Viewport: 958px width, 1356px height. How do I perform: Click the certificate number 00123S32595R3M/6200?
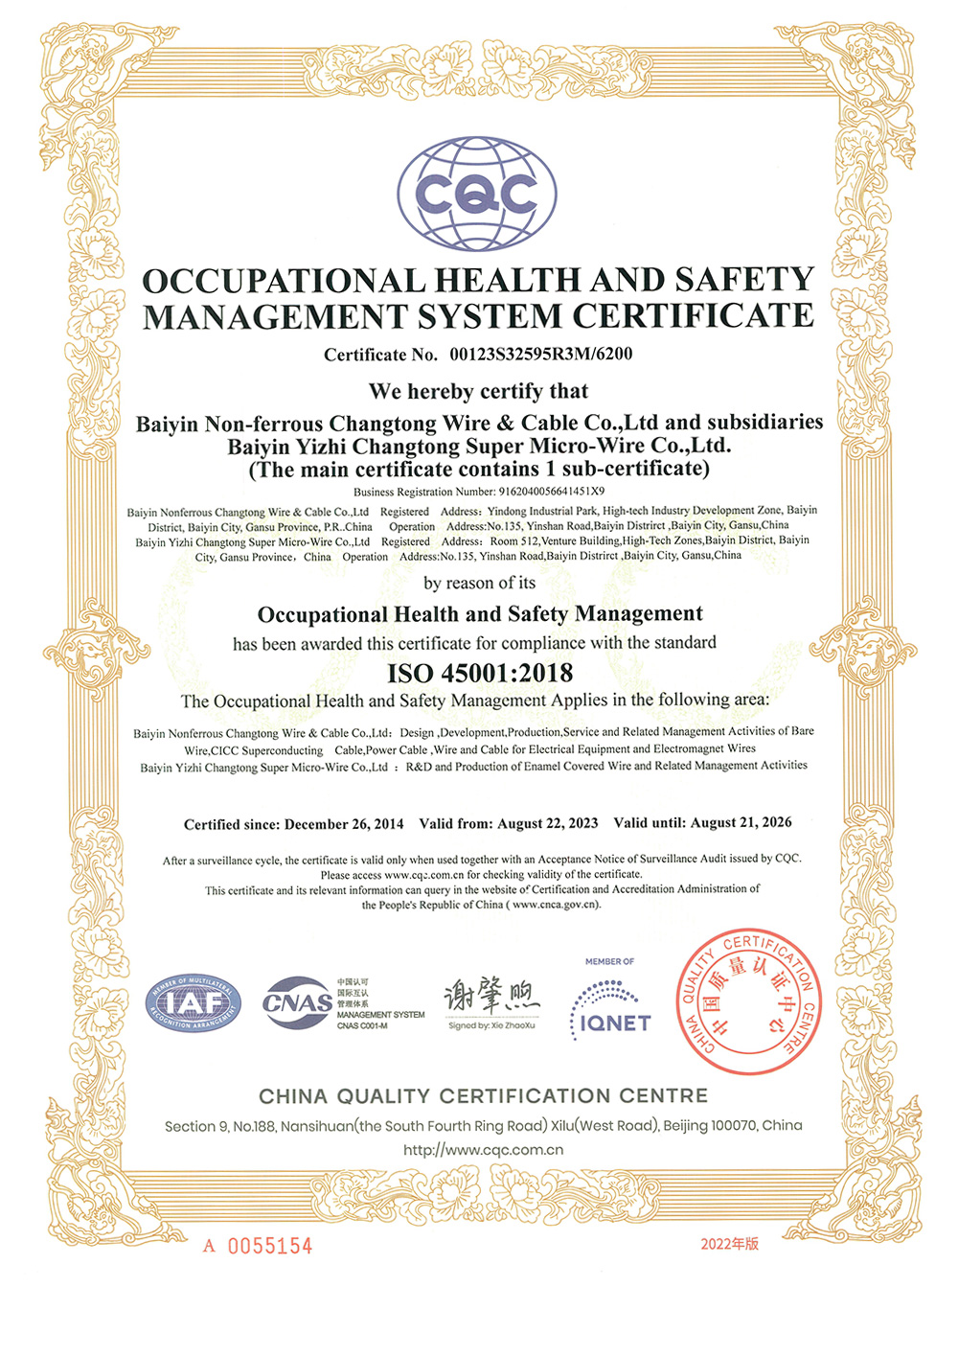pos(540,355)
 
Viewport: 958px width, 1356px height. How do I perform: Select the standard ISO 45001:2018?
pos(480,673)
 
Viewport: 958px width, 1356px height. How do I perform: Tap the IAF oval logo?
pos(194,1004)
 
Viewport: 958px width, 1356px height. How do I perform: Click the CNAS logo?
pos(298,1003)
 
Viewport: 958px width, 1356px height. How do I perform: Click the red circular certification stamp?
pos(749,1000)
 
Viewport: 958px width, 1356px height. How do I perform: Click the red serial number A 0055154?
pos(259,1246)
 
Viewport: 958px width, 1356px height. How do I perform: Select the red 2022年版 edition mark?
pos(729,1244)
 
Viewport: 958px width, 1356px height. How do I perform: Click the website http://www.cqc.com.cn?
pos(483,1150)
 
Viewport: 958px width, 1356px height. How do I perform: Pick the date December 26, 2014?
pos(344,824)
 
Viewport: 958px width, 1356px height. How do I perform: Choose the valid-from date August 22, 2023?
pos(547,823)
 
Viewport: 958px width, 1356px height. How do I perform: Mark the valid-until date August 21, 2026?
pos(741,822)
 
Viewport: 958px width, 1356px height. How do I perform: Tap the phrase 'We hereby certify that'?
pos(478,391)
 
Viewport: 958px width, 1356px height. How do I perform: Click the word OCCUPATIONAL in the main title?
pos(284,281)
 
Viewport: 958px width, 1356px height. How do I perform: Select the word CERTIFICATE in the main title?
pos(694,315)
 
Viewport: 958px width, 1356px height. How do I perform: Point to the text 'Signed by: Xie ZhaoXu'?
pos(491,1025)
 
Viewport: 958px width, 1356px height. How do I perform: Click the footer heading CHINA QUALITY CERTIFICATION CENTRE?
pos(483,1095)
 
